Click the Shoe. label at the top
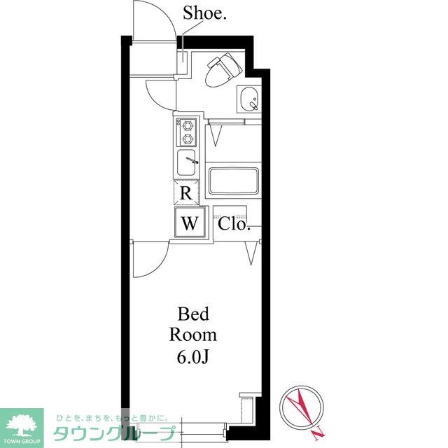204,13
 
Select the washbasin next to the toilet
249,99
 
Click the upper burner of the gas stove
188,125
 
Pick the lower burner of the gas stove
188,139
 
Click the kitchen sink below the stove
187,163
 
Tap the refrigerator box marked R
186,193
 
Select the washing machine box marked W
190,223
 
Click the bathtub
234,181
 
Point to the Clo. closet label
234,224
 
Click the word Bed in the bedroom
193,314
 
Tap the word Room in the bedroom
193,335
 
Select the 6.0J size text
193,356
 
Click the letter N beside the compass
318,434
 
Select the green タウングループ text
114,434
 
